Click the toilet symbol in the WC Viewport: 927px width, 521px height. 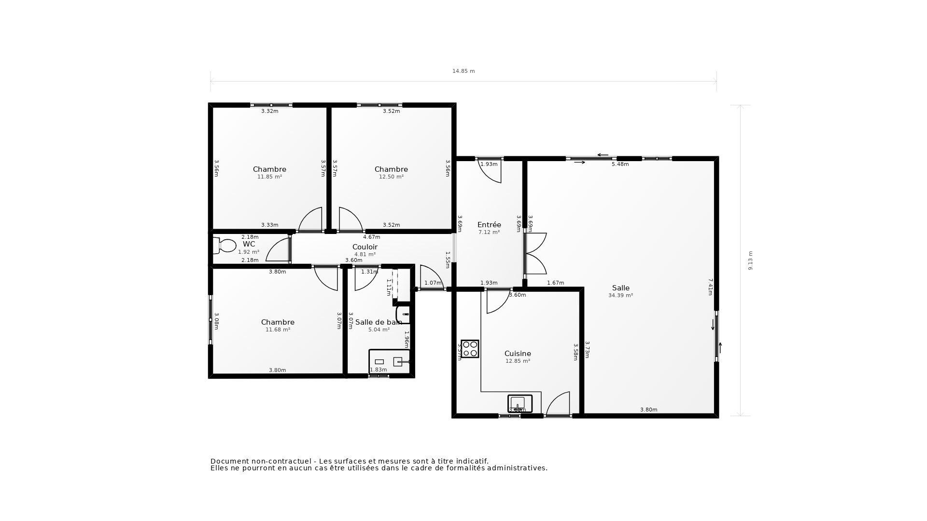pyautogui.click(x=225, y=246)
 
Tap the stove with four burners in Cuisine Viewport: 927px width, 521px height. pyautogui.click(x=470, y=349)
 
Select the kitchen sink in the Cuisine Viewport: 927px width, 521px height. pyautogui.click(x=520, y=403)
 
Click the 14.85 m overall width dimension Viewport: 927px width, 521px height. pyautogui.click(x=463, y=71)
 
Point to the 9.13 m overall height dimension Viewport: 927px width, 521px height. pyautogui.click(x=750, y=260)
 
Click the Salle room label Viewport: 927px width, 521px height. pyautogui.click(x=620, y=288)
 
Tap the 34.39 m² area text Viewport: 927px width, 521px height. pyautogui.click(x=620, y=296)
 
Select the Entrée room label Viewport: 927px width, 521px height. pyautogui.click(x=489, y=225)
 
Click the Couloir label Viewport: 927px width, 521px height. pyautogui.click(x=365, y=247)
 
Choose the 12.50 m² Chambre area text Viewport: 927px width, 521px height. pyautogui.click(x=391, y=177)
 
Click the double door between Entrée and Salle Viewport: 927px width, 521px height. pyautogui.click(x=535, y=253)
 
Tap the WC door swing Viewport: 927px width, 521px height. pyautogui.click(x=278, y=250)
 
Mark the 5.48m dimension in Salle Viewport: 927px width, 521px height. pyautogui.click(x=620, y=165)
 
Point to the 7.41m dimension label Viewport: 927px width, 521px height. pyautogui.click(x=710, y=287)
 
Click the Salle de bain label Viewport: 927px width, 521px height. pyautogui.click(x=378, y=322)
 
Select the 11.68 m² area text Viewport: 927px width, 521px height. pyautogui.click(x=278, y=330)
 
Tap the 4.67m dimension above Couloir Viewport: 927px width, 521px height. pyautogui.click(x=371, y=237)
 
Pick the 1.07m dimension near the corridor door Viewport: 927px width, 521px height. pyautogui.click(x=433, y=283)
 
